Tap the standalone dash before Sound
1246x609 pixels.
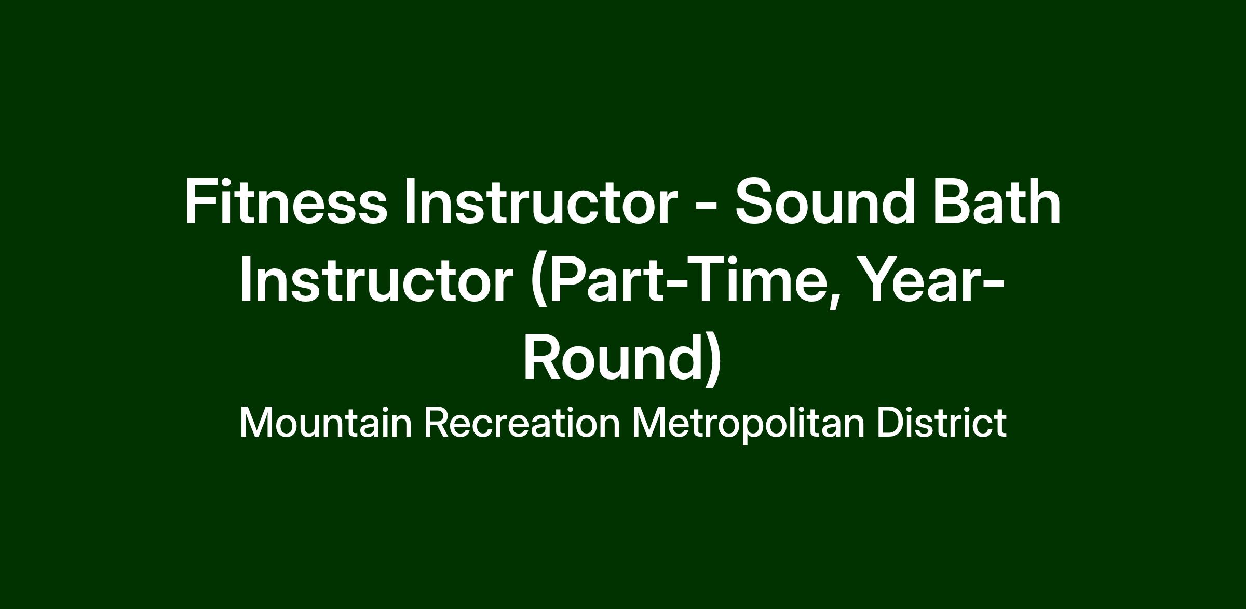click(706, 207)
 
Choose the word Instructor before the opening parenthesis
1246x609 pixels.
click(376, 280)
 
